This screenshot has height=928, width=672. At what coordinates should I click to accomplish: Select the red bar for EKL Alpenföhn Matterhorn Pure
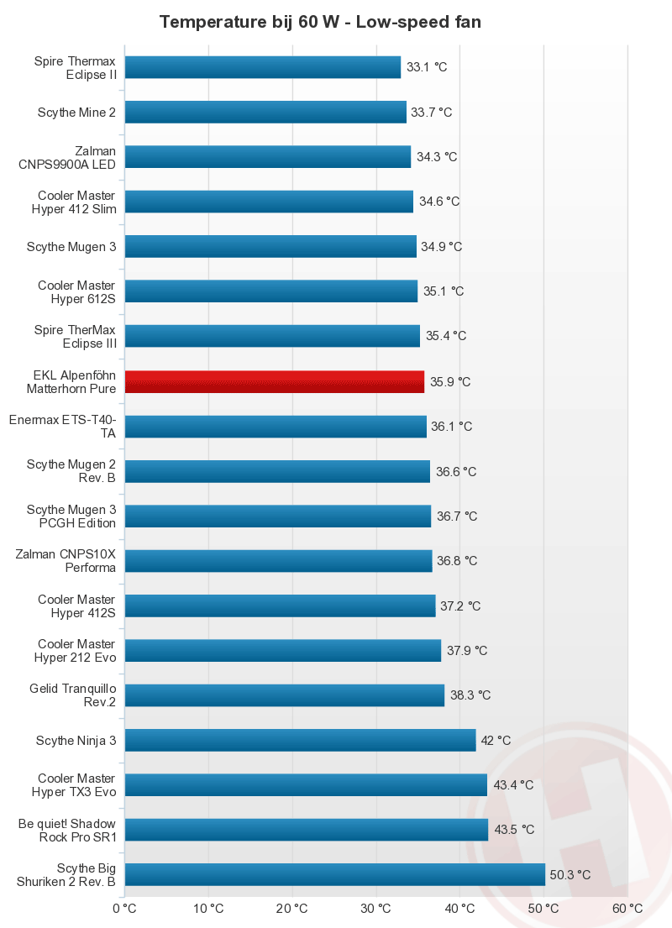point(275,381)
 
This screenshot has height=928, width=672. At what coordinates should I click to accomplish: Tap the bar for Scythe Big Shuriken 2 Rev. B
point(335,874)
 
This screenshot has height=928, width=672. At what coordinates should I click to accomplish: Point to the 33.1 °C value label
point(427,67)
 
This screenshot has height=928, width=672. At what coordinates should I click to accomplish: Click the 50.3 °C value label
point(570,874)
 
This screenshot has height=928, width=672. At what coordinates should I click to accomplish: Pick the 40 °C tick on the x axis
point(460,909)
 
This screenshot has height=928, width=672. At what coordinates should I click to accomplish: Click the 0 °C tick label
point(124,909)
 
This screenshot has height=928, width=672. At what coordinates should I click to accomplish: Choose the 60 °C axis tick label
point(627,909)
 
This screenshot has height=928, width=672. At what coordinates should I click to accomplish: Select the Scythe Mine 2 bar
point(265,112)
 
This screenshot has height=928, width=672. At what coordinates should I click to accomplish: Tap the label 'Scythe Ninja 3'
point(76,740)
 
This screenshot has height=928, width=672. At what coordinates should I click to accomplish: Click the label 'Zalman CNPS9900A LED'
point(67,157)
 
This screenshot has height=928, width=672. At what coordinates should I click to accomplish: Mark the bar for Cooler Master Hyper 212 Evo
point(283,650)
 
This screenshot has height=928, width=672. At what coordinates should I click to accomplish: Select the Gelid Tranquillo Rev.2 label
point(72,695)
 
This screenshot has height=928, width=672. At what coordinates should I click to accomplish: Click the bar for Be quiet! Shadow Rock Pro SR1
point(307,830)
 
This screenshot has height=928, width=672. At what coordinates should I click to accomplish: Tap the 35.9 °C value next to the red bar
point(450,381)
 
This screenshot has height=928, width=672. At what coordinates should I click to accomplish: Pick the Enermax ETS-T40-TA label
point(62,426)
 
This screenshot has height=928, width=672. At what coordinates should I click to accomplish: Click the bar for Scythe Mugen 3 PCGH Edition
point(278,516)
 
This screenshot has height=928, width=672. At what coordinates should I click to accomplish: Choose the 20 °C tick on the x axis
point(292,909)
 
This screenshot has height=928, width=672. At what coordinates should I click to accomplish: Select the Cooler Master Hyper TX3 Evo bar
point(306,784)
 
